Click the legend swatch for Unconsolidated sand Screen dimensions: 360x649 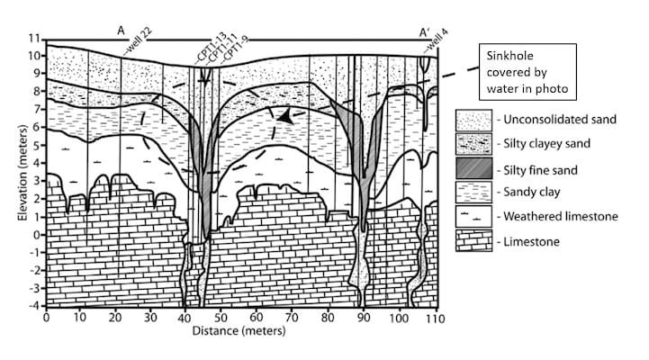(473, 119)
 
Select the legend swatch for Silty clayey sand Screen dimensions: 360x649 (473, 143)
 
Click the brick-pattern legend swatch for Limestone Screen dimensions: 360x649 (473, 241)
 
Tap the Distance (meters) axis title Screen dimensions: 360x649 (239, 331)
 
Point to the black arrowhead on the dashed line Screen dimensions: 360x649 (285, 116)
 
